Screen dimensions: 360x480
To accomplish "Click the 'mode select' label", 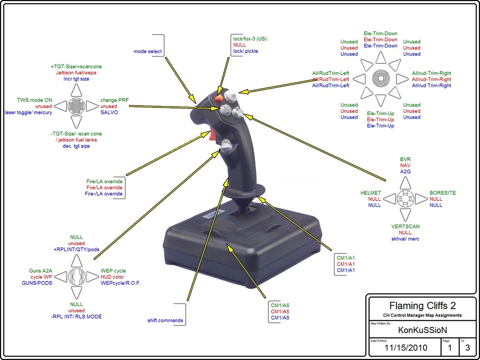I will [x=147, y=51].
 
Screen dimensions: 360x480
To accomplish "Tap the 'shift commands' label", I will [x=165, y=320].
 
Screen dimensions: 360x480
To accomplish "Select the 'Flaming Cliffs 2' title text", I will [x=422, y=305].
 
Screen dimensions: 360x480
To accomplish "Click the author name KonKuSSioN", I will [x=422, y=330].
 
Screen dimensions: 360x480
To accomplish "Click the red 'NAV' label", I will [x=405, y=165].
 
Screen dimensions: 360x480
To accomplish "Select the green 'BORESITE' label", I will [x=443, y=193].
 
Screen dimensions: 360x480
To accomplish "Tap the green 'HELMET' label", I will [x=371, y=193].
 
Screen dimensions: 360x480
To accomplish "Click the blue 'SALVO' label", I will [x=109, y=112].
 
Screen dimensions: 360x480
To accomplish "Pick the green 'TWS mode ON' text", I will [x=35, y=100].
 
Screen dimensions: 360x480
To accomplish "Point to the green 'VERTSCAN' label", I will [x=405, y=227].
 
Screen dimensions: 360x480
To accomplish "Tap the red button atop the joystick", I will [x=218, y=98].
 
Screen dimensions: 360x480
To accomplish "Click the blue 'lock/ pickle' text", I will [x=245, y=51].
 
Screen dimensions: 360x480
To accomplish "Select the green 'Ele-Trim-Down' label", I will [x=380, y=34].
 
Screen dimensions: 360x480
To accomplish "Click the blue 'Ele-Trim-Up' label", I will [x=380, y=126].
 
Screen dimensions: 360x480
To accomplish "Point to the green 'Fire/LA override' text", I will [x=104, y=181].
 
